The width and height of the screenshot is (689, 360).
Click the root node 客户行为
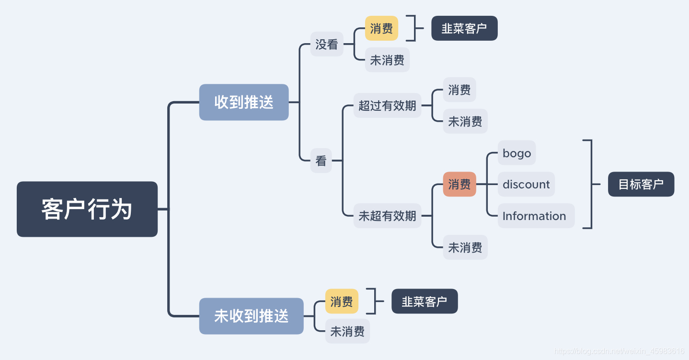tap(87, 209)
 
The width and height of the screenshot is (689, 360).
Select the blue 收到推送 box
tap(243, 102)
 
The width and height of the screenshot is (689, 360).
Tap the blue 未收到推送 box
tap(251, 316)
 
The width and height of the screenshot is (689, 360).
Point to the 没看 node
tap(327, 44)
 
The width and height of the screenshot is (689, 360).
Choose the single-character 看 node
tap(321, 161)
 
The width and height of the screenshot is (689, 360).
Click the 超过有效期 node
tap(387, 105)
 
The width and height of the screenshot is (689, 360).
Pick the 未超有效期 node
tap(387, 216)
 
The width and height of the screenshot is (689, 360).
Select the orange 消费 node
tap(459, 184)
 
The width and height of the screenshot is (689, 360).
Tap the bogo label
tap(517, 153)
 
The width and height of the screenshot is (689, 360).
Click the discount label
tap(526, 184)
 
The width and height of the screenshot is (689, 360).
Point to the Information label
tap(534, 216)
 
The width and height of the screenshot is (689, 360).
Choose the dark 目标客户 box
tap(641, 184)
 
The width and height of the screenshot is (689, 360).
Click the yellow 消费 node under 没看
tap(381, 28)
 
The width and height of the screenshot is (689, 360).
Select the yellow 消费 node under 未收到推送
tap(342, 301)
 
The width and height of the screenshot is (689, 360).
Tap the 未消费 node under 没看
tap(387, 60)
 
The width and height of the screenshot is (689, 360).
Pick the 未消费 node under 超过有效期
tap(465, 121)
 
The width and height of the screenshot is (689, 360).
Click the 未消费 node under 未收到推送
tap(347, 331)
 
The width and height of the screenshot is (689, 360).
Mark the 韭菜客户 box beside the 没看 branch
tap(464, 28)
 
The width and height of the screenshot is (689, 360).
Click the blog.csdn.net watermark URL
tap(619, 351)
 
